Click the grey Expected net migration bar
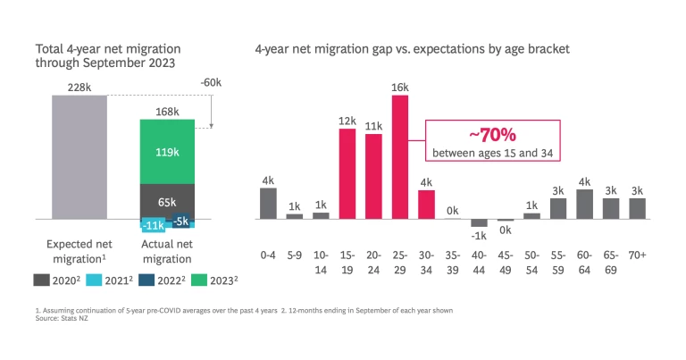(79, 156)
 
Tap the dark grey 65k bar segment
(168, 201)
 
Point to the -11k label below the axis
(153, 225)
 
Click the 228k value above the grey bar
(79, 87)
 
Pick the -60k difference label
(211, 82)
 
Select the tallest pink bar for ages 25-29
(399, 156)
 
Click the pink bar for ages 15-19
(347, 174)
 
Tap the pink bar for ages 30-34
(426, 205)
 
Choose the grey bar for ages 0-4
(268, 204)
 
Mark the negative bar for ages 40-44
(480, 222)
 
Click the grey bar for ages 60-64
(585, 204)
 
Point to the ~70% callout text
(496, 135)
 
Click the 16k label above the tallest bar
(399, 88)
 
